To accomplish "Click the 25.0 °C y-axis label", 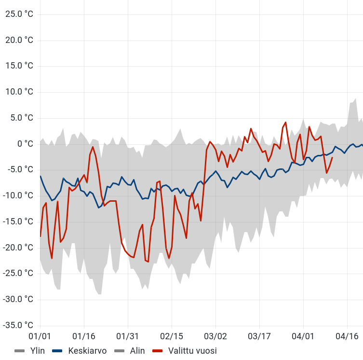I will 19,14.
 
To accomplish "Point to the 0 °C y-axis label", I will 26,144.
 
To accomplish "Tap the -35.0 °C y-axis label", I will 19,325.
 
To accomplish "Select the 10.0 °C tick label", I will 19,92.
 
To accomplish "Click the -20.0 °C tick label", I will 19,248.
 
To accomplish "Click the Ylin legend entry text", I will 37,351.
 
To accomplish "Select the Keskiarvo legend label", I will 87,351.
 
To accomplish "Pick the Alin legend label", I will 137,351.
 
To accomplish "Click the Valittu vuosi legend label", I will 192,351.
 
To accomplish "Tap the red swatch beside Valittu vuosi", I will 158,351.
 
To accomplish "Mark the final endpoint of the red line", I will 332,157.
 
